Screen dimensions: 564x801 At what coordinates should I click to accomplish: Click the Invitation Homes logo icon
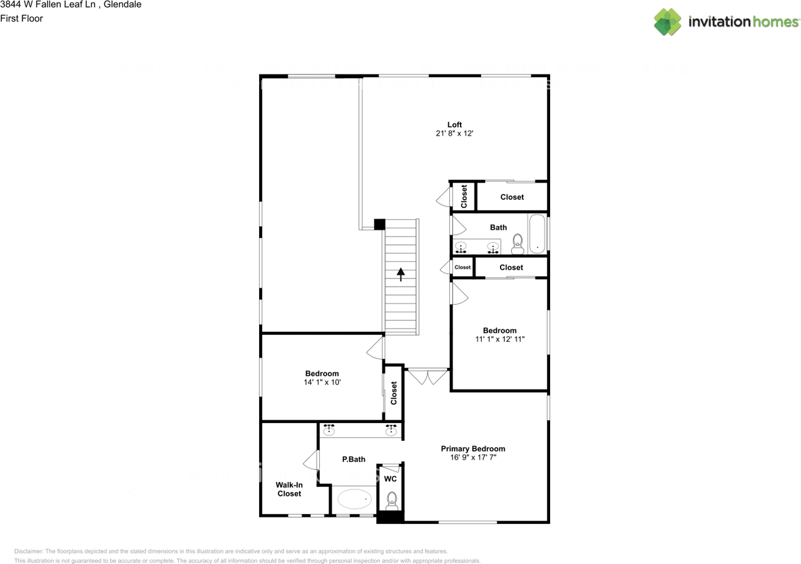pos(668,22)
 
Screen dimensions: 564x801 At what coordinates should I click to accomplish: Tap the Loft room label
pos(454,125)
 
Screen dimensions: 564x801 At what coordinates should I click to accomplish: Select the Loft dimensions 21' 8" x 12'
pos(454,133)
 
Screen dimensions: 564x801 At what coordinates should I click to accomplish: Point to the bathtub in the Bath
pos(537,234)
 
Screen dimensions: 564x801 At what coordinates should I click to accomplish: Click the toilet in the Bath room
pos(518,244)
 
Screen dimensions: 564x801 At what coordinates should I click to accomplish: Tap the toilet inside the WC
pos(392,500)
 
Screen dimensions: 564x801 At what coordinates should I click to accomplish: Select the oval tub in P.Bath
pos(355,499)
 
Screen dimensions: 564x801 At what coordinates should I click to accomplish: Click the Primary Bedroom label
pos(472,449)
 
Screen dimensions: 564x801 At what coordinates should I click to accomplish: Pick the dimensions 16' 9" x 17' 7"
pos(472,458)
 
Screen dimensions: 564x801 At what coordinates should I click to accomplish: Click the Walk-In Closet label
pos(289,489)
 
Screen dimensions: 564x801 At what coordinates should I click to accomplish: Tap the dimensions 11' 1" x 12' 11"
pos(499,339)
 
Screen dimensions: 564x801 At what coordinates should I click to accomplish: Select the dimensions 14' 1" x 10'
pos(322,382)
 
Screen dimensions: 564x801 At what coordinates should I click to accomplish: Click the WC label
pos(390,479)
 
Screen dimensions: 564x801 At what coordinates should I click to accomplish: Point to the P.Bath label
pos(354,459)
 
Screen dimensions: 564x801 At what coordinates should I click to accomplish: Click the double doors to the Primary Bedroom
pos(427,377)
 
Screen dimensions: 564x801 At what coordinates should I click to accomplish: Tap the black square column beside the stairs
pos(379,224)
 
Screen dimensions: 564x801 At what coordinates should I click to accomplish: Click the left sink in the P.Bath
pos(329,430)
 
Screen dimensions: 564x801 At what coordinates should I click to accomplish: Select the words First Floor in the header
pos(21,18)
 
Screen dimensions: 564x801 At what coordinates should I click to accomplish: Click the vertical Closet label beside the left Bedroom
pos(394,393)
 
